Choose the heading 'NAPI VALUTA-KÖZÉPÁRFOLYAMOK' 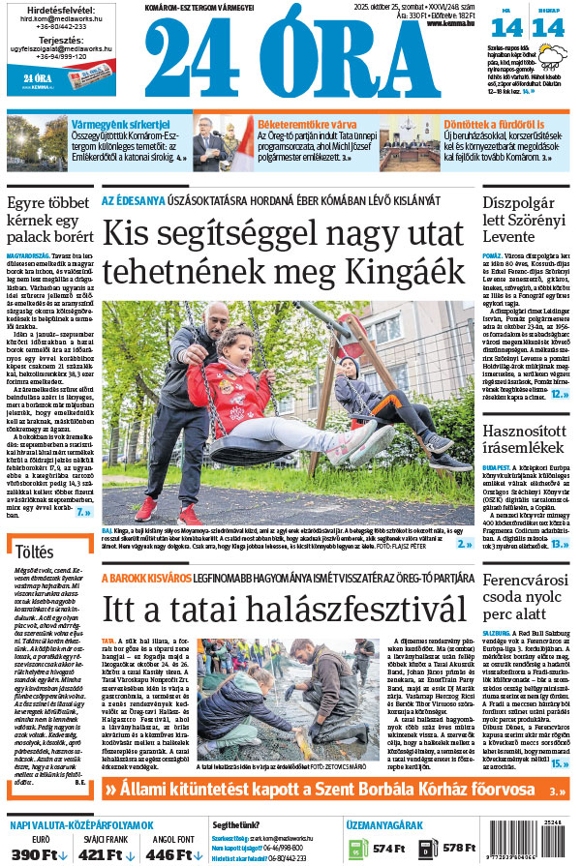pos(81,824)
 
